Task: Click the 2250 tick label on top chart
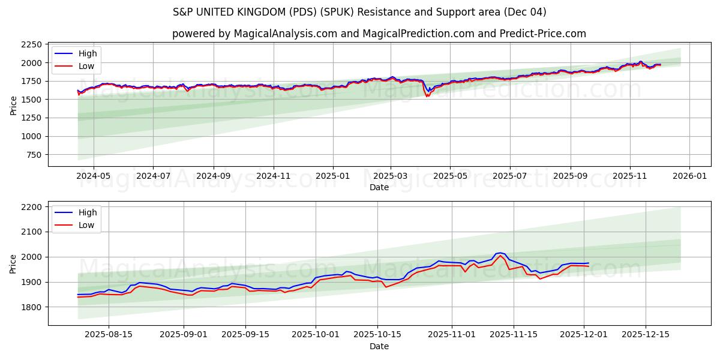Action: (31, 44)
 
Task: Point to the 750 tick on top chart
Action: (32, 155)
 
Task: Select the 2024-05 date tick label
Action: (94, 176)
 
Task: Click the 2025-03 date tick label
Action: (391, 176)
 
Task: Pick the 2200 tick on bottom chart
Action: (31, 207)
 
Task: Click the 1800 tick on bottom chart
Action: (31, 307)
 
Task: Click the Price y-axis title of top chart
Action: (13, 104)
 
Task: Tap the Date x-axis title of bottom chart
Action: (379, 346)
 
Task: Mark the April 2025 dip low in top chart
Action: (427, 96)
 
